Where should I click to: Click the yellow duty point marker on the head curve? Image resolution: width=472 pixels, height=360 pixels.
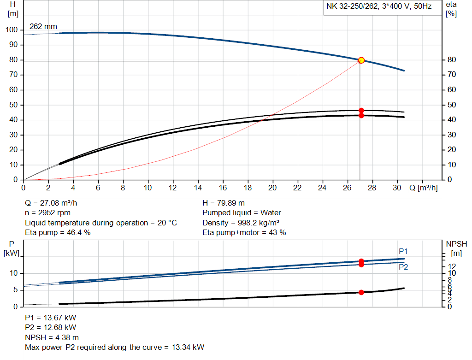click(361, 60)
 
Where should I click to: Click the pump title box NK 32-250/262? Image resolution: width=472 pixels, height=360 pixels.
click(379, 7)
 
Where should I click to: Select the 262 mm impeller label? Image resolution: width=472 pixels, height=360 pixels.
click(43, 27)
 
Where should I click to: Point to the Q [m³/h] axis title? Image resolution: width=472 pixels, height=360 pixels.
click(424, 188)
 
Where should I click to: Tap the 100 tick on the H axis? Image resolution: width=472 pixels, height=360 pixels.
click(11, 30)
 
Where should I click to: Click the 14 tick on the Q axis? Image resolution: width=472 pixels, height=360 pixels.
click(198, 188)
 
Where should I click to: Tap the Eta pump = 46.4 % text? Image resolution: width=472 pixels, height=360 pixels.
click(58, 233)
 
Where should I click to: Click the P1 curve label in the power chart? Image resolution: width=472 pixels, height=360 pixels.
click(403, 251)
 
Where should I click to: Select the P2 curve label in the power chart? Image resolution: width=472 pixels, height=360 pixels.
click(403, 267)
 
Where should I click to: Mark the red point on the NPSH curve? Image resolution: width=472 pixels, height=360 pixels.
click(361, 292)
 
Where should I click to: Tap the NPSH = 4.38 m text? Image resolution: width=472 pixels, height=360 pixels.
click(52, 337)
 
